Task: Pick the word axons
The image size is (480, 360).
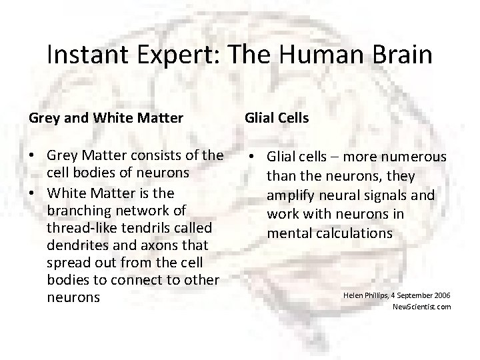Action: [x=157, y=245]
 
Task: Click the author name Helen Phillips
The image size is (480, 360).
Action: [x=366, y=294]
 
